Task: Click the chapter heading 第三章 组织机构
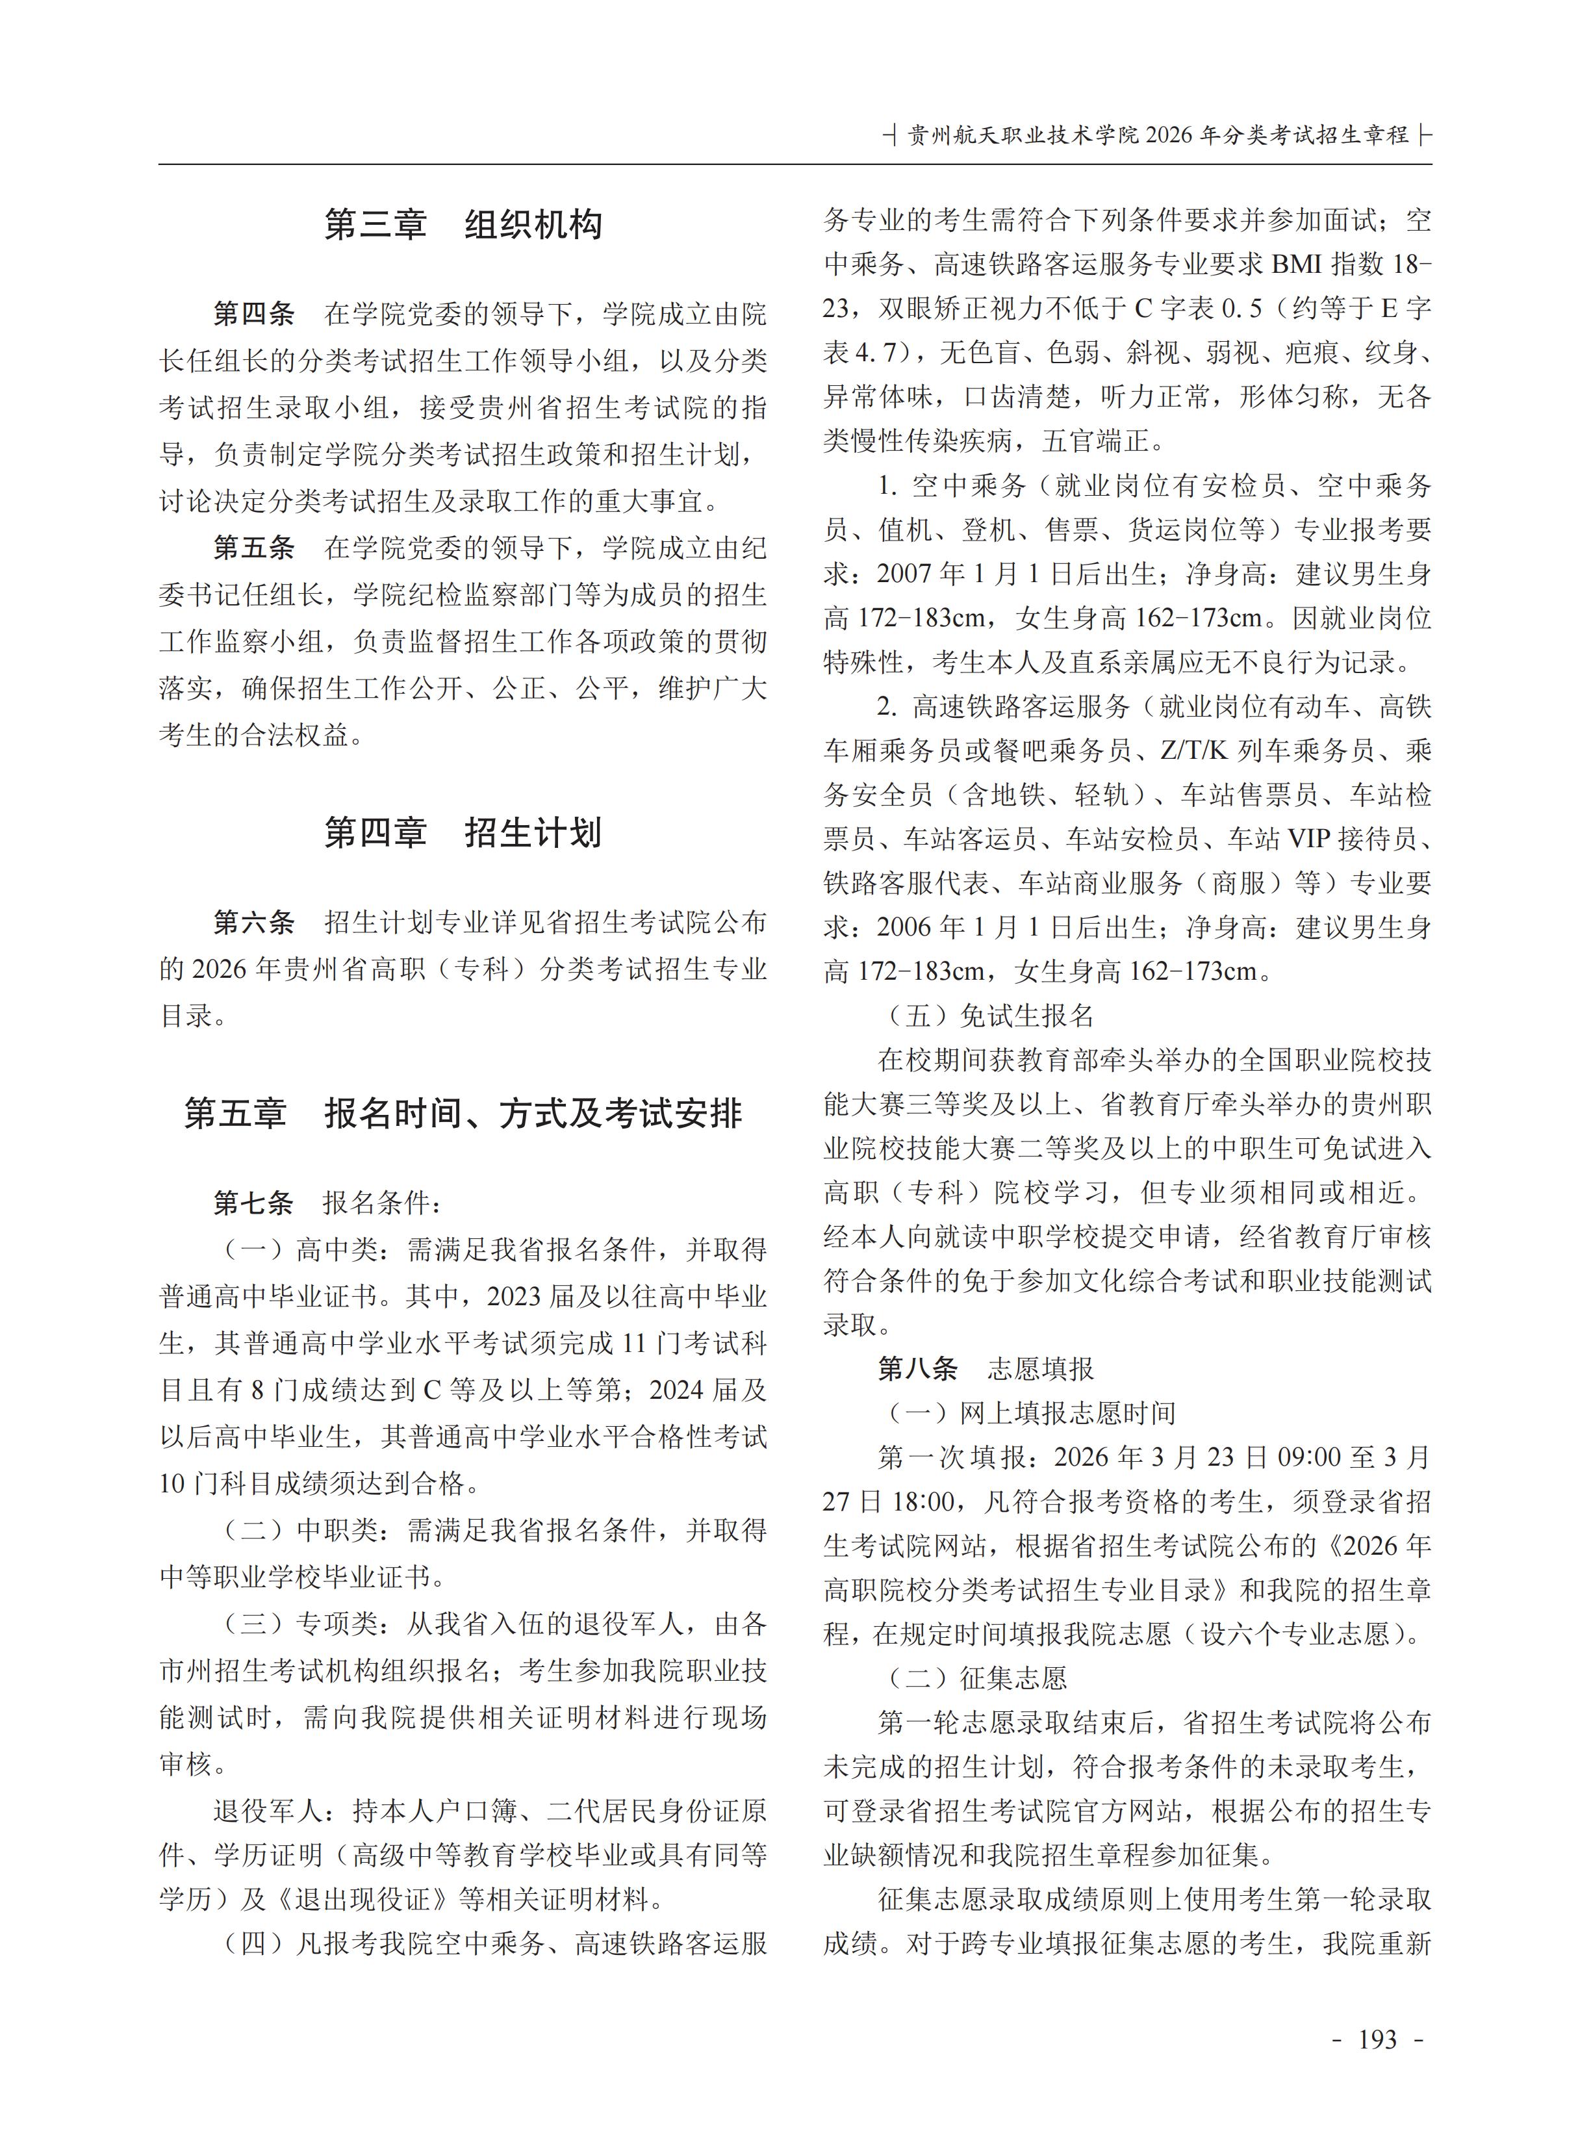coord(463,224)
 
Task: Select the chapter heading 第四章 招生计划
coord(463,833)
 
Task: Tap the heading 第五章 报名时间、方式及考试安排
coord(463,1114)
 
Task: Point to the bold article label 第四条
coord(254,314)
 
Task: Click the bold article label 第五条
coord(254,548)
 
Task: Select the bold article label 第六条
coord(254,923)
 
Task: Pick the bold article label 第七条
coord(254,1203)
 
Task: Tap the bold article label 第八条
coord(918,1369)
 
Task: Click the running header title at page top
coord(1158,135)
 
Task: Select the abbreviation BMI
coord(1300,264)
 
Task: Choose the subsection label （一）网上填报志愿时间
coord(1028,1413)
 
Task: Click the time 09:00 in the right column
coord(1309,1457)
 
